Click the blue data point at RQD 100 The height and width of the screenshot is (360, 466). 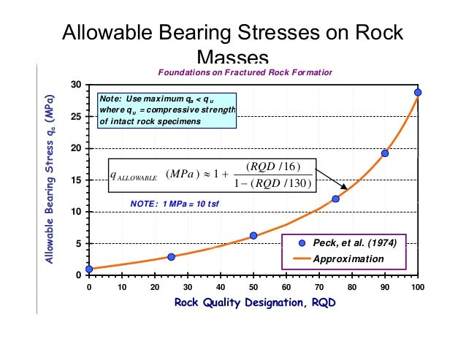418,93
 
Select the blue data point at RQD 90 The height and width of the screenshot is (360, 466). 385,153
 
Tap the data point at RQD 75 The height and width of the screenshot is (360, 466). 336,199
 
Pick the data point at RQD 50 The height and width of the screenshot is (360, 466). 253,236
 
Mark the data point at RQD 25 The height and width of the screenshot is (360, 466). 172,257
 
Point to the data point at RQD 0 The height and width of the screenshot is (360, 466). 89,269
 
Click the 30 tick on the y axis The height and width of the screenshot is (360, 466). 76,85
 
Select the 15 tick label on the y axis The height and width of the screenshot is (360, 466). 76,180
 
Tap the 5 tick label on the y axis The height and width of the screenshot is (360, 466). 78,244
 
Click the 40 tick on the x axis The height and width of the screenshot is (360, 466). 221,287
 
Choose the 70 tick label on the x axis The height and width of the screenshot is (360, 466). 319,287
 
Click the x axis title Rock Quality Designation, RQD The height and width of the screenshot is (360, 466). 254,304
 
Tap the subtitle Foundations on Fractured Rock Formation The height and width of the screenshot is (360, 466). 245,72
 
